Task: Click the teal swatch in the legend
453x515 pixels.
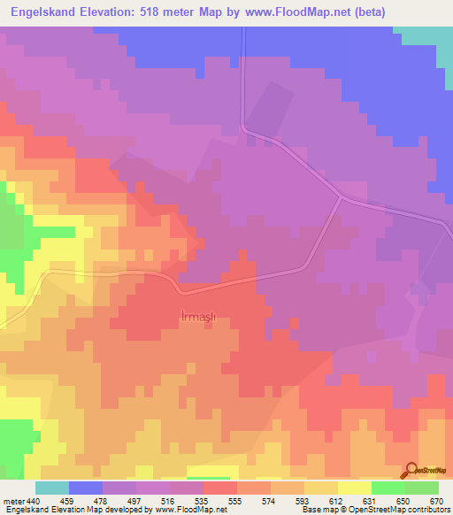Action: tap(52, 488)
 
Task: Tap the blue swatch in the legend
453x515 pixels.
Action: tap(86, 488)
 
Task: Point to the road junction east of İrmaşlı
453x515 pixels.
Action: tap(341, 197)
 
